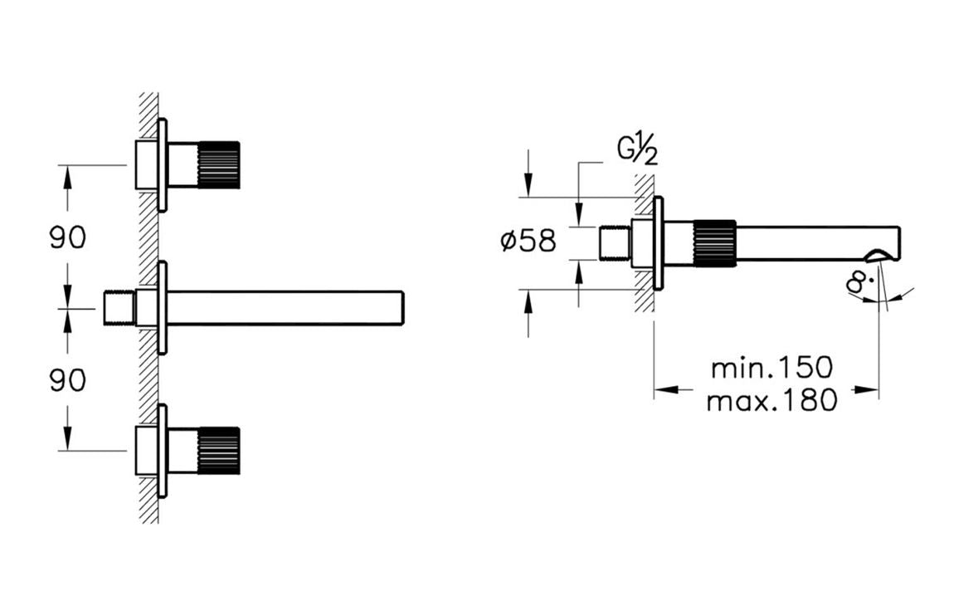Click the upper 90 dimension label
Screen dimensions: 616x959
pos(67,238)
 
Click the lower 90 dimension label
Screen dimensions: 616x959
pos(67,380)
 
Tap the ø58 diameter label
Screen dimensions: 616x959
pos(528,242)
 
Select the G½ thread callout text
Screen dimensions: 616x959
pos(637,152)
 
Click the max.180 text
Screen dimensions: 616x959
pos(772,402)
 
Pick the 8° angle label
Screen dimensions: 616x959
pos(859,282)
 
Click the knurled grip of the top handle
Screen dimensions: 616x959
pos(219,164)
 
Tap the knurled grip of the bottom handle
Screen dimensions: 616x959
pos(219,451)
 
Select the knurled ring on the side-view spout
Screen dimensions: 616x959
pos(714,244)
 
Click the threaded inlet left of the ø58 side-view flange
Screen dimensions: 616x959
pos(616,243)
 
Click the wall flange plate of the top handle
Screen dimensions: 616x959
pos(163,164)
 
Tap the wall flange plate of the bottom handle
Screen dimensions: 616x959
pos(163,451)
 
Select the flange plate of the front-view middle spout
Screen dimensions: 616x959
pos(163,307)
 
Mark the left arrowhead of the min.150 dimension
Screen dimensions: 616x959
pos(661,387)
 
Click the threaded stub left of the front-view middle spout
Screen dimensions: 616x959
pos(119,307)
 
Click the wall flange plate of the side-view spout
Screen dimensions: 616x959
pos(659,243)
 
